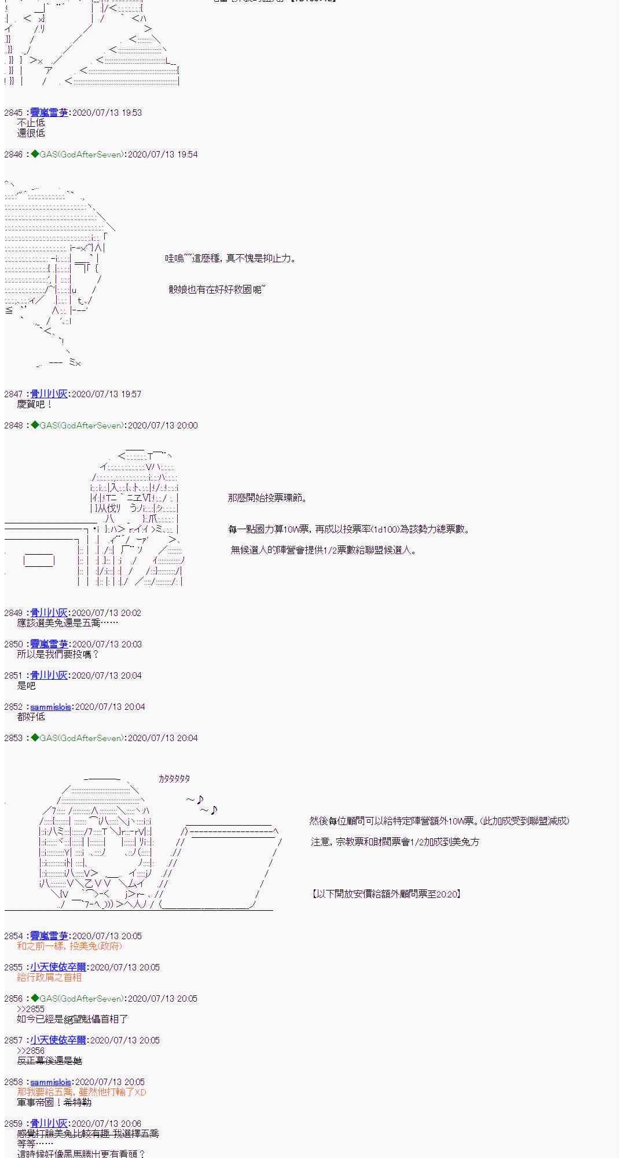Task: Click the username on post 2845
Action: [49, 112]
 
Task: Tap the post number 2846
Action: [13, 154]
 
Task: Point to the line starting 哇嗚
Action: [230, 258]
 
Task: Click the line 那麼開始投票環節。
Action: [267, 498]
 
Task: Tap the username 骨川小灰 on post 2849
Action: [49, 613]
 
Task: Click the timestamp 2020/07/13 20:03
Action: [107, 644]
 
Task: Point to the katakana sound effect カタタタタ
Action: [174, 779]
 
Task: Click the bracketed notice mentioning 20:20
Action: [386, 894]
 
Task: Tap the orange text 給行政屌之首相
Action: [49, 977]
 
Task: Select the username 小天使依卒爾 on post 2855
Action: [58, 967]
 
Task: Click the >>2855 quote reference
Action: [31, 1009]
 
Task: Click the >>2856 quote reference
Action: [31, 1050]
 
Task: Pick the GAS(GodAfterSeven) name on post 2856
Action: [81, 998]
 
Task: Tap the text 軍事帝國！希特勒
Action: [54, 1102]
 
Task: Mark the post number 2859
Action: [13, 1123]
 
